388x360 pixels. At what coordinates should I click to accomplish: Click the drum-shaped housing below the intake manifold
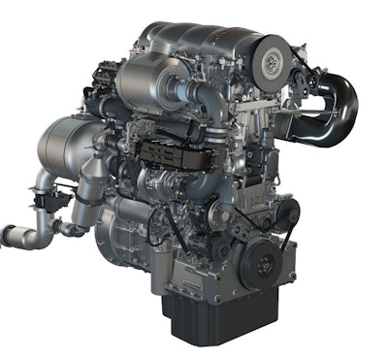pyautogui.click(x=145, y=80)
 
